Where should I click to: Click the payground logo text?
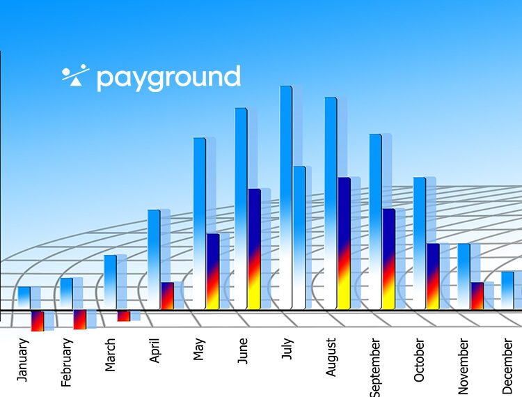point(168,79)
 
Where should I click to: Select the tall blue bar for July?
point(286,198)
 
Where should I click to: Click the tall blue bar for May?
point(200,224)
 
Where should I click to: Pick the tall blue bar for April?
point(154,260)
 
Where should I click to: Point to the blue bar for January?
point(24,298)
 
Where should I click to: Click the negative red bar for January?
point(38,321)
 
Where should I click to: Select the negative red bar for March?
point(123,316)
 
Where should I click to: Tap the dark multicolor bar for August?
point(344,244)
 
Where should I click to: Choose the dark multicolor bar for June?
point(254,249)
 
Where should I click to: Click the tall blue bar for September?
point(376,221)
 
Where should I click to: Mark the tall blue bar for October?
point(420,244)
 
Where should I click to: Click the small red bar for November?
point(477,296)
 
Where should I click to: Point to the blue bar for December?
point(507,290)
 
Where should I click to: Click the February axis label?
point(66,362)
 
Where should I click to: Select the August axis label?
point(331,357)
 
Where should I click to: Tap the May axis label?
point(198,349)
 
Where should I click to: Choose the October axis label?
point(419,359)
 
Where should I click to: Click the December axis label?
point(507,366)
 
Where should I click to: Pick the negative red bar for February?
point(80,320)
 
